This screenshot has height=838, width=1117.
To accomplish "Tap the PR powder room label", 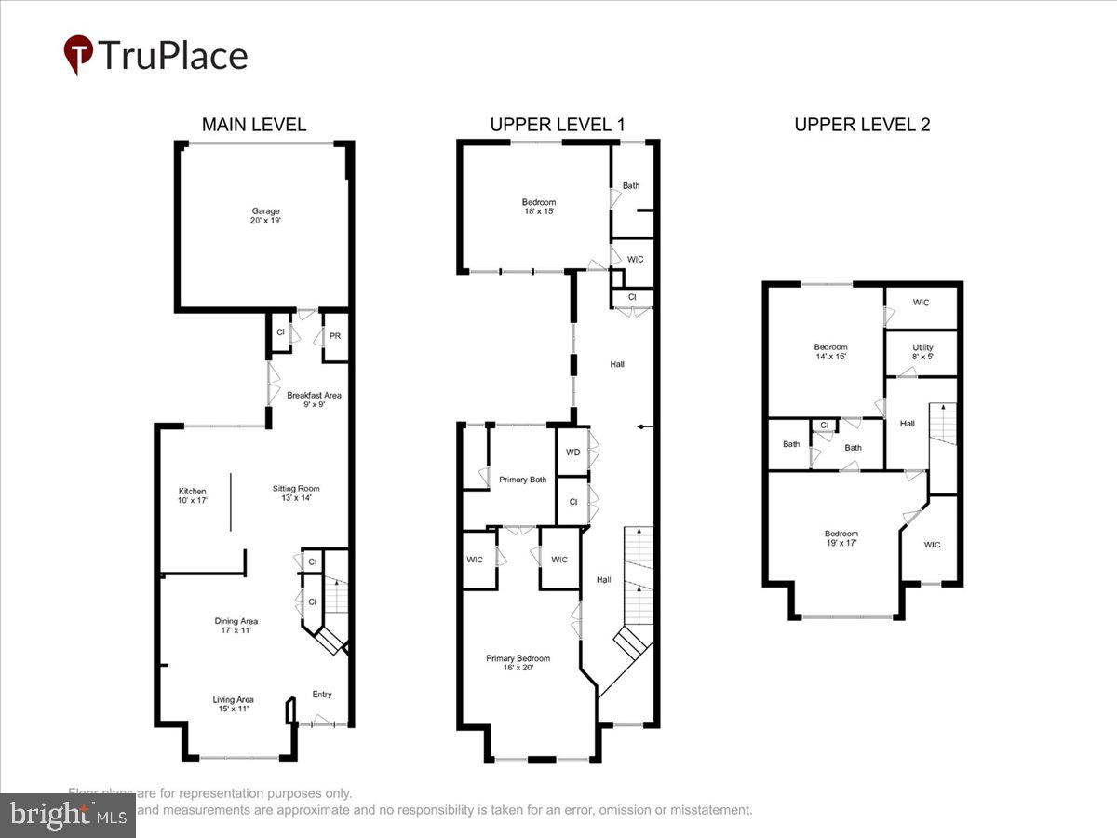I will pos(334,337).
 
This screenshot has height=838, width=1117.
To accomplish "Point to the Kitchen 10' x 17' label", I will pos(193,495).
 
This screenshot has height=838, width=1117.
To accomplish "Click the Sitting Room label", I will pos(296,493).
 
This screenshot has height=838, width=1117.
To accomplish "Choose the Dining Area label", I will pos(236,626).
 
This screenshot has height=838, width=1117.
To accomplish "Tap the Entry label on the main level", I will pos(321,695).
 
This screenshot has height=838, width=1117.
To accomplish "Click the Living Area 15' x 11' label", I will pos(234,705).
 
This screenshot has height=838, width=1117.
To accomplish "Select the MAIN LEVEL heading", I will pos(254,125).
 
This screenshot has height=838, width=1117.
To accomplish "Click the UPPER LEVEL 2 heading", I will pos(862,125).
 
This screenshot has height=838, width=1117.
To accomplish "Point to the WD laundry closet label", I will pos(572,453).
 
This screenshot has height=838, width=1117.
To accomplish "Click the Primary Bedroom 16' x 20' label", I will pos(518,662).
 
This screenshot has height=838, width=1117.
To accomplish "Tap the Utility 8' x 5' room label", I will pos(922,352).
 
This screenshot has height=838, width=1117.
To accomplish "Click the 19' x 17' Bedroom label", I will pos(841,538).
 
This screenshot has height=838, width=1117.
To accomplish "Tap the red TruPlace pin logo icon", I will pos(78,55).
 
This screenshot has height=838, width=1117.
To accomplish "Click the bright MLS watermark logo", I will pos(67,816).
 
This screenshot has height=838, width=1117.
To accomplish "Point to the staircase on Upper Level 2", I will pos(943,447).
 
